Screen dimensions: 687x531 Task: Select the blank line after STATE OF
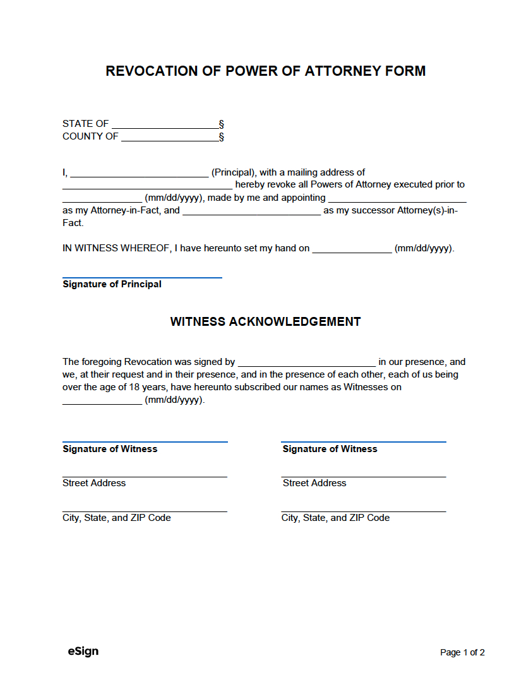coord(165,125)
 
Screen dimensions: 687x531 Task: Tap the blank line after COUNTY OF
coord(169,138)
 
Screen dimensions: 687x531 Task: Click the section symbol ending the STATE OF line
coord(222,124)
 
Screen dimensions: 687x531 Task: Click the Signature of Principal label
coord(112,284)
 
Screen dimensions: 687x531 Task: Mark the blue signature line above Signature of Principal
coord(142,277)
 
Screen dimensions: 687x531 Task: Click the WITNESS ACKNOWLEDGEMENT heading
coord(265,321)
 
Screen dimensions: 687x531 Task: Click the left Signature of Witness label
coord(110,449)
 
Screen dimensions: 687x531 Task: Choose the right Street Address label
coord(314,483)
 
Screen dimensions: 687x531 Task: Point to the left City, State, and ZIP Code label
coord(116,518)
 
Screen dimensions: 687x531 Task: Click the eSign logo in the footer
coord(83,651)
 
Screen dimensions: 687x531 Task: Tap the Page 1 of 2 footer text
coord(462,653)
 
